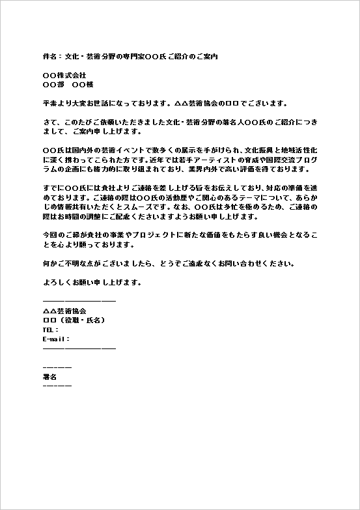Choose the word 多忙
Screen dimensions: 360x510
point(227,207)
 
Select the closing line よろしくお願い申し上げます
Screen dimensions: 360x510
point(91,283)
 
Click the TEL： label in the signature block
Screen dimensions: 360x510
point(51,330)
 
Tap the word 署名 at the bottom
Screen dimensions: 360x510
point(49,377)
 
